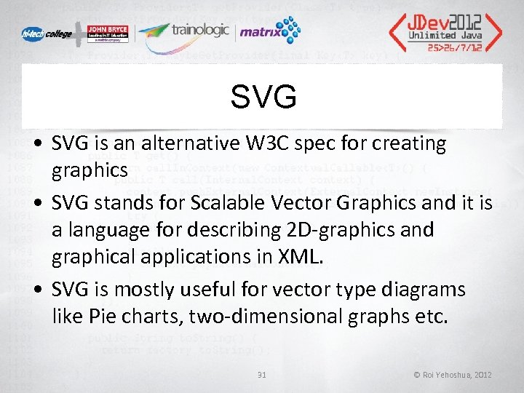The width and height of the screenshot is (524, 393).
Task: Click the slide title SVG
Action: [x=263, y=96]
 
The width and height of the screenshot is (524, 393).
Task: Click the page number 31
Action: [x=262, y=375]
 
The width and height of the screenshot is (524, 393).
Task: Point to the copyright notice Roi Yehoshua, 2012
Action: [x=453, y=375]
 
